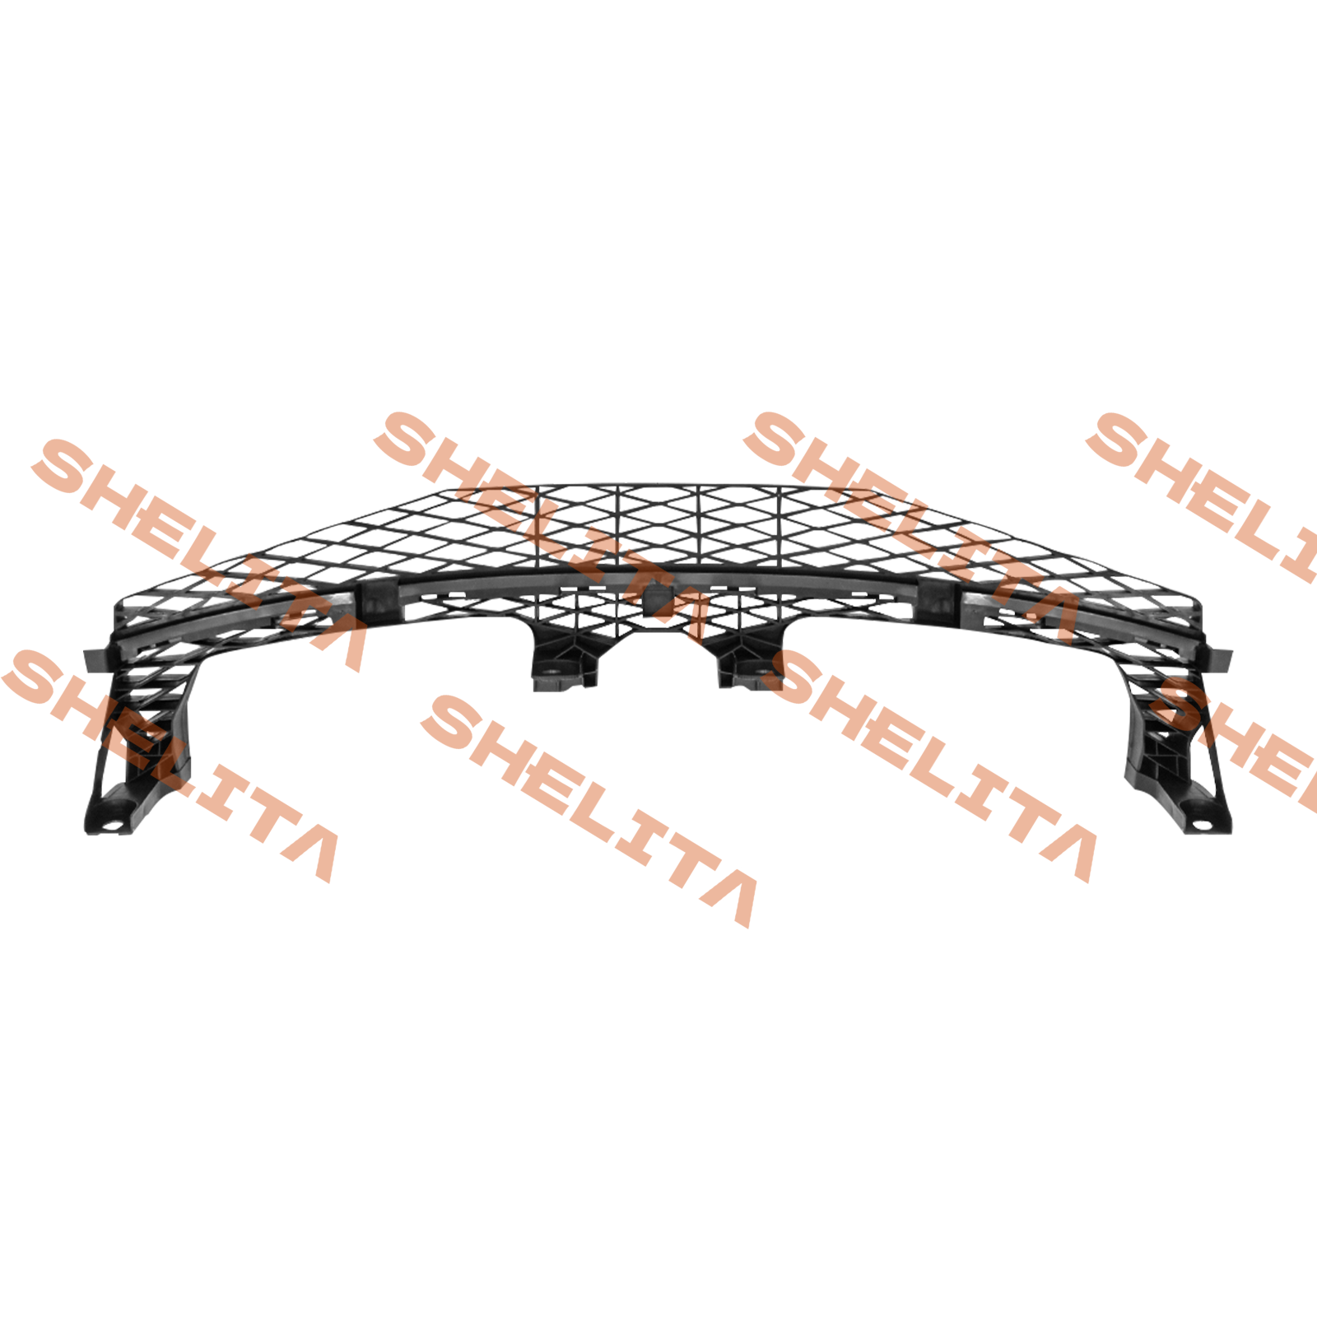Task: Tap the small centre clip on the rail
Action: tap(658, 596)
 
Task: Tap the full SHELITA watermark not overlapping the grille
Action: tap(589, 811)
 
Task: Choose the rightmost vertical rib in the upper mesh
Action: tap(780, 527)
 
